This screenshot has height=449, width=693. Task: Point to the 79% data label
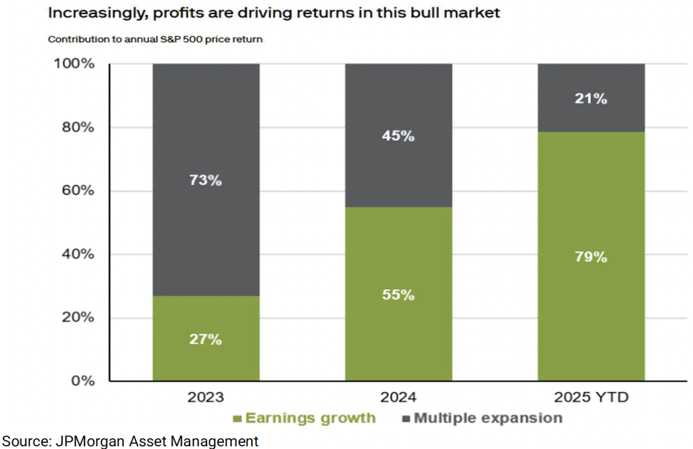[591, 257]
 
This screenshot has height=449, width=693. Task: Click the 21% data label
[591, 99]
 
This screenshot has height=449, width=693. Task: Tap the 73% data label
[206, 181]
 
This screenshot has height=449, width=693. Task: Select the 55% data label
[398, 295]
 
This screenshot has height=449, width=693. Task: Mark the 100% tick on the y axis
[74, 64]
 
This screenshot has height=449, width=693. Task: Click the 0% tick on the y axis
[81, 381]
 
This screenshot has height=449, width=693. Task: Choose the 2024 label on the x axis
[398, 398]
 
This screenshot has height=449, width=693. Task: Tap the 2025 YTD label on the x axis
[591, 398]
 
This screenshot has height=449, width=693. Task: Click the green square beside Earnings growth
[237, 419]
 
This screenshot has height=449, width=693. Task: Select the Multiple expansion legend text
[487, 418]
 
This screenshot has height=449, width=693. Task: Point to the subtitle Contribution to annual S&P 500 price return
[155, 39]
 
